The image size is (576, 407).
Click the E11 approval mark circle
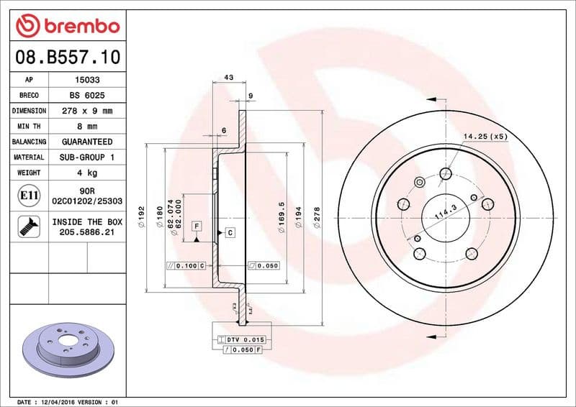(x=29, y=196)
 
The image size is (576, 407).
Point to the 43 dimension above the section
(x=229, y=76)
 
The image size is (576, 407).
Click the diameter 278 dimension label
(x=317, y=216)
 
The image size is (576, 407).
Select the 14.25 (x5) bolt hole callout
(x=485, y=136)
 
